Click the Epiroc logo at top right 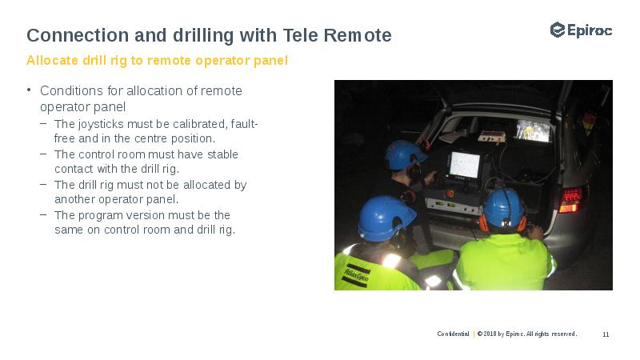(x=581, y=30)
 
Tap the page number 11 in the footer (x=606, y=334)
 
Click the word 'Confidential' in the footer (x=453, y=334)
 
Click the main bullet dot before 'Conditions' (x=28, y=90)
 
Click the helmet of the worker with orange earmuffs (x=503, y=207)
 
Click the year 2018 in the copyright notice (x=490, y=334)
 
